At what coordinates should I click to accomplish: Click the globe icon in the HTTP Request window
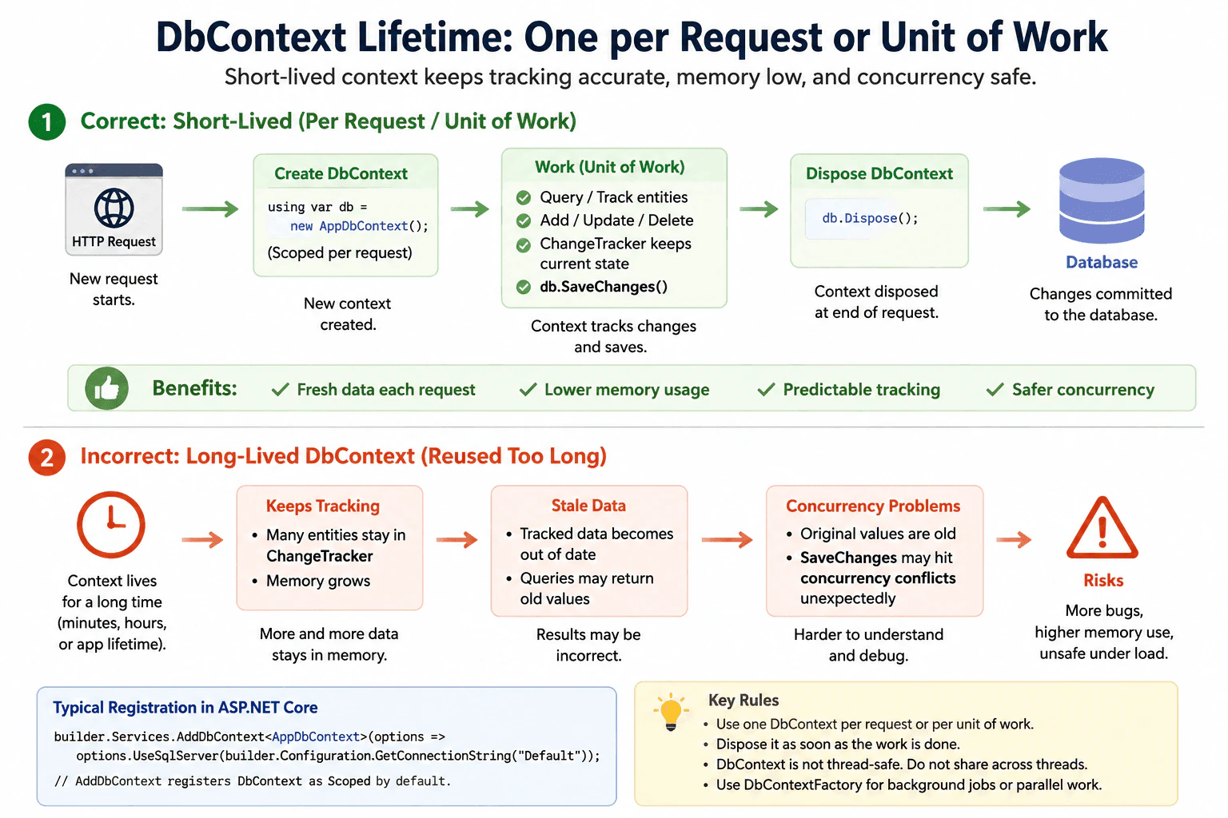click(x=114, y=208)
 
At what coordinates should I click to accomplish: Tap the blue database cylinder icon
click(x=1102, y=201)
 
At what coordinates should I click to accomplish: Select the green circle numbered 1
click(x=47, y=121)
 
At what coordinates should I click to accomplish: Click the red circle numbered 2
click(x=47, y=457)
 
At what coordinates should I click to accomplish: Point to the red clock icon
click(x=111, y=524)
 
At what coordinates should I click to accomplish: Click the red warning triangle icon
click(x=1102, y=528)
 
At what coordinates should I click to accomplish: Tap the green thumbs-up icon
click(x=107, y=388)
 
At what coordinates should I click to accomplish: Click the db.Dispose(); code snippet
click(x=870, y=218)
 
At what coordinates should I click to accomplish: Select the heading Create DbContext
click(x=341, y=173)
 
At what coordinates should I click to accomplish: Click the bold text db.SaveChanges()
click(x=604, y=287)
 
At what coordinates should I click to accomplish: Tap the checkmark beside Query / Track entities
click(x=524, y=197)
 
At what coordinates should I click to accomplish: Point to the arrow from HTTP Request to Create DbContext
click(x=210, y=208)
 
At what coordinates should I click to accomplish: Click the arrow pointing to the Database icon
click(x=1007, y=208)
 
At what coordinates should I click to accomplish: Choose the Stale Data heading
click(x=588, y=505)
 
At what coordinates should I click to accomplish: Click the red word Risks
click(x=1103, y=580)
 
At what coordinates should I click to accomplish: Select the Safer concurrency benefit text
click(x=1082, y=390)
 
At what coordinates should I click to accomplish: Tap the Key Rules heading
click(x=744, y=701)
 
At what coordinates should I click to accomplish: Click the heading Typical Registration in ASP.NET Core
click(x=185, y=707)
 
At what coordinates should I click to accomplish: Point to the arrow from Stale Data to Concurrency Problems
click(x=727, y=540)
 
